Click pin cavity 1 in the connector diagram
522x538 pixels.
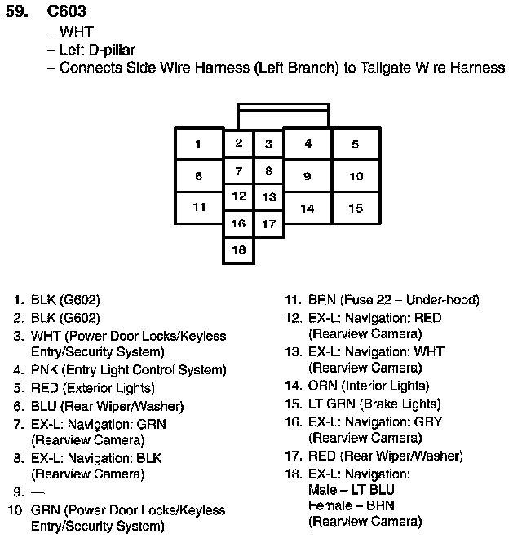[198, 144]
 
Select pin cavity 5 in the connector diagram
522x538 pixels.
[356, 144]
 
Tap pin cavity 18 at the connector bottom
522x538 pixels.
[238, 250]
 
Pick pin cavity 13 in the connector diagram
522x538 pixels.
[268, 197]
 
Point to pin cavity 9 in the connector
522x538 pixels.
[307, 176]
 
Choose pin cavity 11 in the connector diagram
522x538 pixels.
[198, 207]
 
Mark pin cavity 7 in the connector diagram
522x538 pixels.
[238, 171]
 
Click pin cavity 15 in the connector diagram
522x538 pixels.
[356, 208]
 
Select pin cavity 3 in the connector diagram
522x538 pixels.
[268, 144]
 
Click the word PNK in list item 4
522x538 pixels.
[44, 370]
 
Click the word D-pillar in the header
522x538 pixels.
[109, 51]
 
